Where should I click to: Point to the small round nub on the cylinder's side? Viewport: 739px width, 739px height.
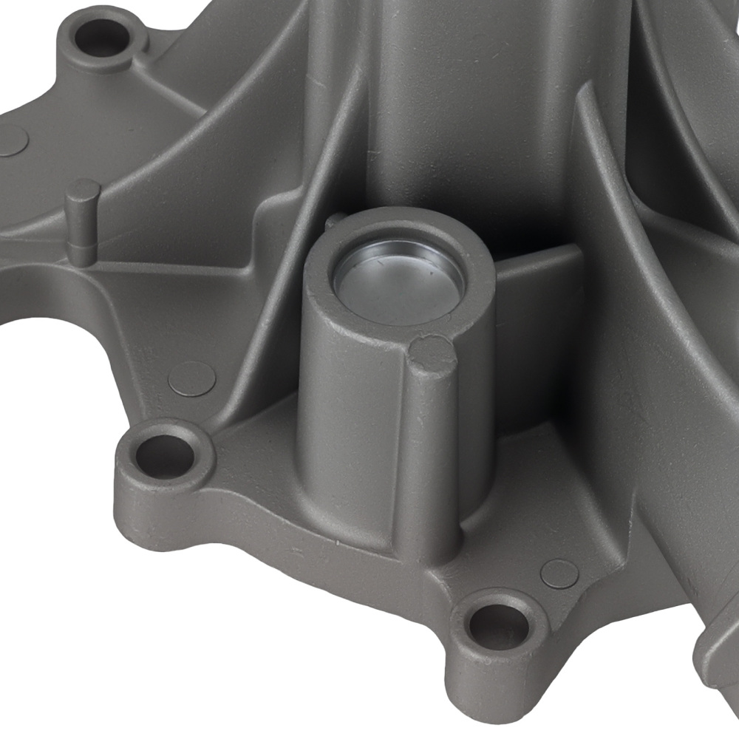click(x=433, y=353)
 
